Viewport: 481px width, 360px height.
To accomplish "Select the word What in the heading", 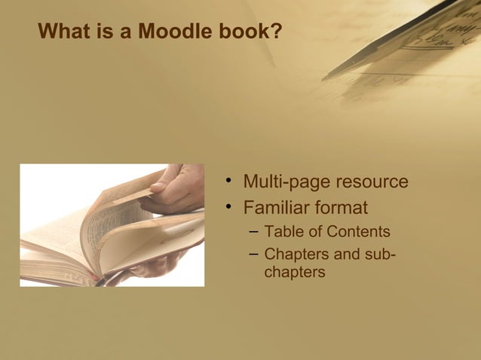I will (63, 32).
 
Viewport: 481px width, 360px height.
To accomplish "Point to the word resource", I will (371, 182).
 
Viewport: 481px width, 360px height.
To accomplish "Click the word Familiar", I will (277, 206).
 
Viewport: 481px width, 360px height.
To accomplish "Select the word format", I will (342, 206).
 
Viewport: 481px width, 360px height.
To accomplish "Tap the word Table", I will (283, 232).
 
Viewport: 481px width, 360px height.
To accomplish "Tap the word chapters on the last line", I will (295, 272).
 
